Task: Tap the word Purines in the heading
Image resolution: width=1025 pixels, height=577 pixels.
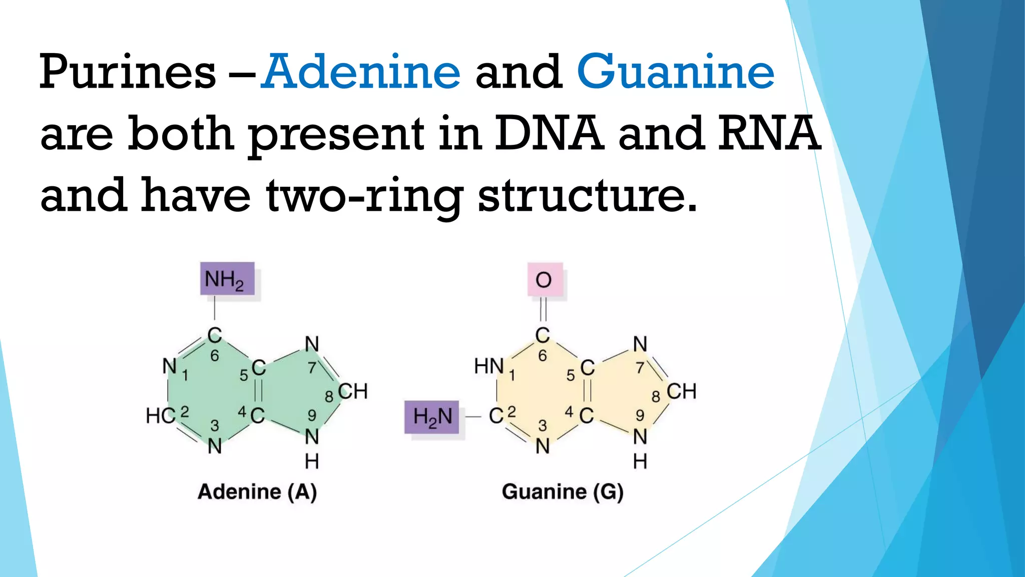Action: pos(128,73)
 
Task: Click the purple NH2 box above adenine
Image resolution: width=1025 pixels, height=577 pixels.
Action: pos(227,279)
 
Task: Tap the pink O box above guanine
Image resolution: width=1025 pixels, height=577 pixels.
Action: pos(545,279)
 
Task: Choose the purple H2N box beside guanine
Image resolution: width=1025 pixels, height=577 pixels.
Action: pos(432,417)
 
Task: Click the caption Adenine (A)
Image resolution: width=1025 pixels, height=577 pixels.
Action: pos(257,492)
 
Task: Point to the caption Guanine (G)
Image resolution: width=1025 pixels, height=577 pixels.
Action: pos(563,492)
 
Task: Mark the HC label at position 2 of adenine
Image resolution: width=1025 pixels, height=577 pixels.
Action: pos(161,416)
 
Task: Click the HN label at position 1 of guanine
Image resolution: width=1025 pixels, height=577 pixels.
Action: pos(489,366)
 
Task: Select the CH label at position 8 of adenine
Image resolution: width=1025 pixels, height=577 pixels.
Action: pos(353,391)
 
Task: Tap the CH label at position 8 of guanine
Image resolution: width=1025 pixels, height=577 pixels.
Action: pos(681,391)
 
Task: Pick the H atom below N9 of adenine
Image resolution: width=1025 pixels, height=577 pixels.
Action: pos(312,461)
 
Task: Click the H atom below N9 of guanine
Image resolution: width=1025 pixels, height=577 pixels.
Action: pos(640,461)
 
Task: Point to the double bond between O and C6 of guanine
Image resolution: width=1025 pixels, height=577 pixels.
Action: pos(543,309)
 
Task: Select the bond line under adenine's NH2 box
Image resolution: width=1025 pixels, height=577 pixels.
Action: pos(215,308)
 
